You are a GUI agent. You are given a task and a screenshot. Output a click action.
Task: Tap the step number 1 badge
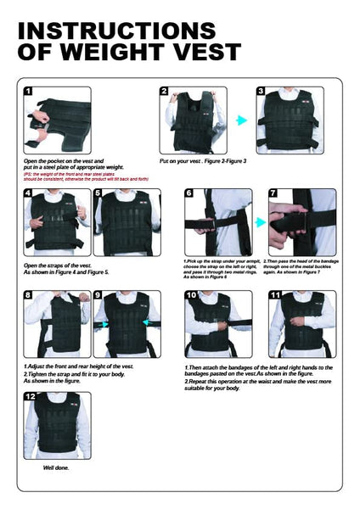(28, 92)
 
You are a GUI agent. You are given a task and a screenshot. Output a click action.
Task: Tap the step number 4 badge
(28, 193)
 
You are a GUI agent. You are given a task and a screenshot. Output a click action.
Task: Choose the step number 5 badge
(99, 193)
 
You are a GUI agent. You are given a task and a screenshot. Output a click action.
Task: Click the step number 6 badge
(189, 193)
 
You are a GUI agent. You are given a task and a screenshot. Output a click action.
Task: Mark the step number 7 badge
(273, 193)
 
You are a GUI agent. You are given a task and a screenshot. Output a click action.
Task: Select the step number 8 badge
(28, 295)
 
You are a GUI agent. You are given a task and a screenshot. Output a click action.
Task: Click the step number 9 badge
(99, 295)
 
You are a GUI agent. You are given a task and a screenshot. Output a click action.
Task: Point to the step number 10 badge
(191, 295)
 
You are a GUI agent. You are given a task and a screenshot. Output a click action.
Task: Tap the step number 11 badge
(274, 295)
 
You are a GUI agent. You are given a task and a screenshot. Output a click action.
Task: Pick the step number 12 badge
(30, 396)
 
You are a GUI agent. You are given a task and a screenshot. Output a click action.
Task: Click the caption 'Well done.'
(56, 467)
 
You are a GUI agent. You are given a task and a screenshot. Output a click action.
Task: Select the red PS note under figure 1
(85, 176)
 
